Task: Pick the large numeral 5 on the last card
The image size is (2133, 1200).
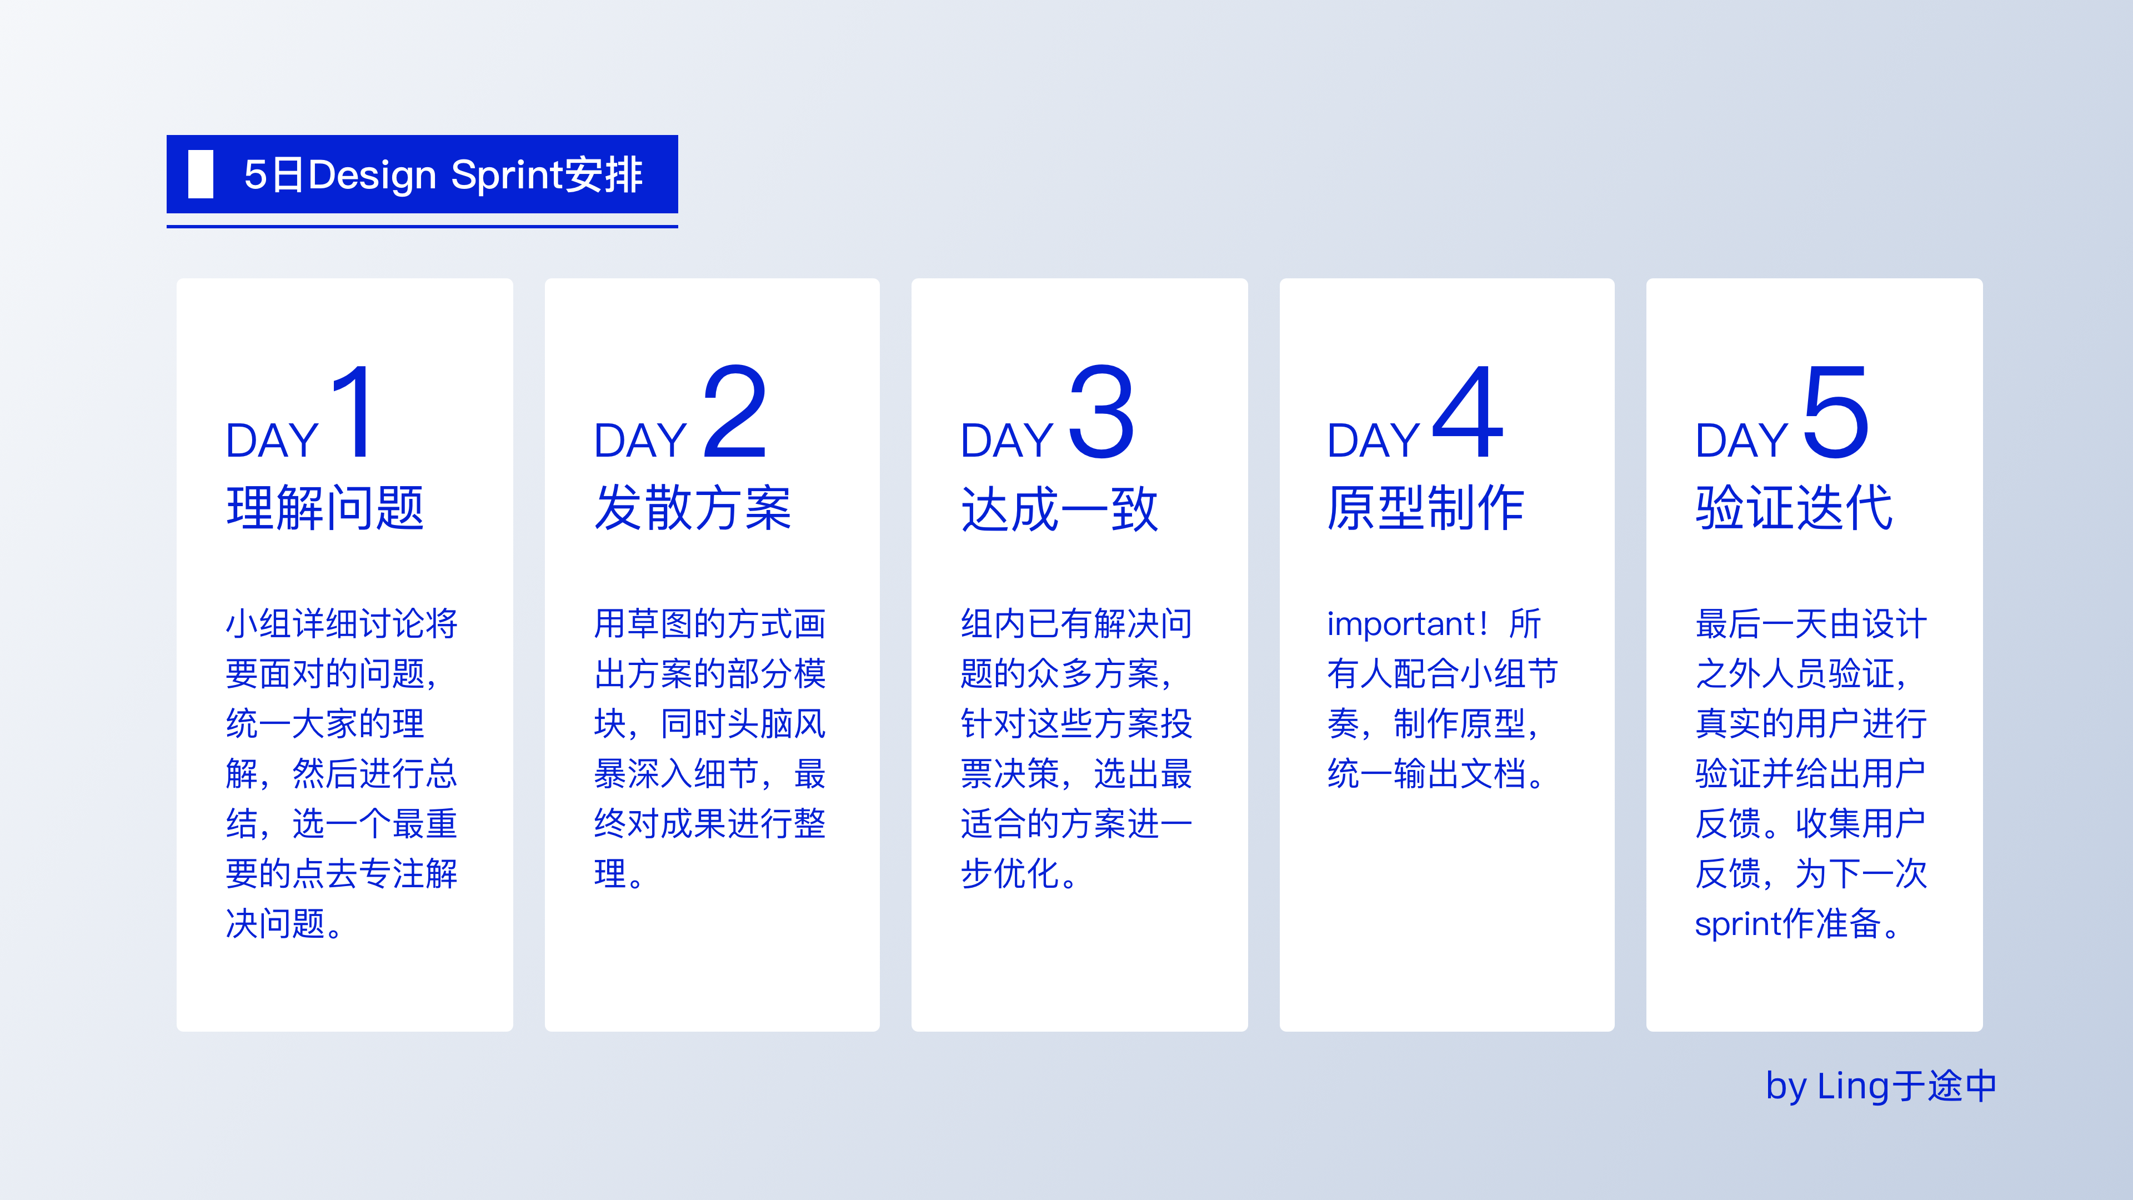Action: [1836, 412]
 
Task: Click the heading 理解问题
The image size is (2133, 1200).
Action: [326, 508]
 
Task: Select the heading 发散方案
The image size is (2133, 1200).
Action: [693, 508]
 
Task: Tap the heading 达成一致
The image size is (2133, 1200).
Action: [1059, 508]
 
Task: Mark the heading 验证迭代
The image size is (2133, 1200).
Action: [1794, 508]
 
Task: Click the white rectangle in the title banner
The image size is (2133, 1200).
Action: [201, 174]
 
